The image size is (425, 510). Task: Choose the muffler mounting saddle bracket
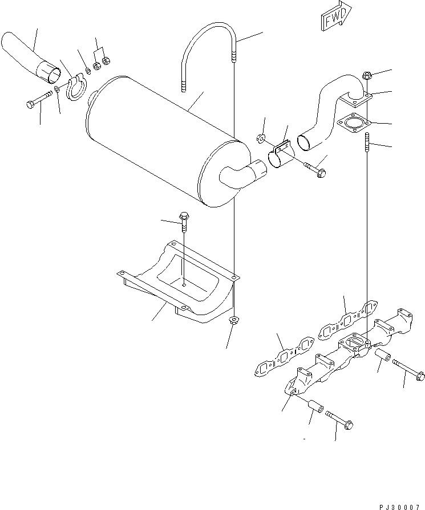pos(177,285)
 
